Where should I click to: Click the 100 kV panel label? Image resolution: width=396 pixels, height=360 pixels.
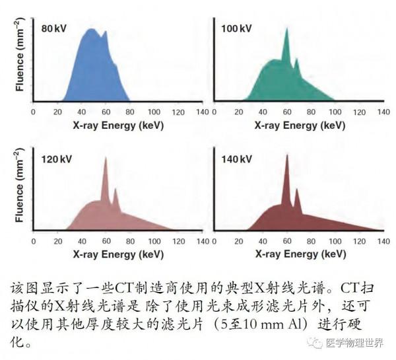pos(236,29)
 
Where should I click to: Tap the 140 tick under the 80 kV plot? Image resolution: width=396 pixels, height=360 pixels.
pos(202,112)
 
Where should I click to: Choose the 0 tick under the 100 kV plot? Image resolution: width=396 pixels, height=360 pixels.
pos(214,112)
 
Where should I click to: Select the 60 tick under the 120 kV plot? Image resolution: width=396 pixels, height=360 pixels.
pos(106,242)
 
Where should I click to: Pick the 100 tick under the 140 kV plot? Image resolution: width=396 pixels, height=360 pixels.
pos(333,242)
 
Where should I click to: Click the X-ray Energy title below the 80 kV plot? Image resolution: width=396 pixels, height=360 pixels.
pos(109,124)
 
